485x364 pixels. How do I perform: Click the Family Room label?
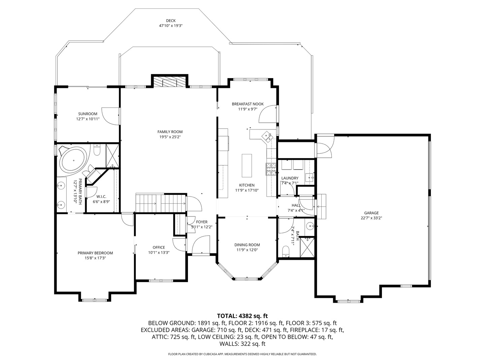(170, 132)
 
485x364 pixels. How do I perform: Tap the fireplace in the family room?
(170, 82)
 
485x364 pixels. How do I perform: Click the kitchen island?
(247, 165)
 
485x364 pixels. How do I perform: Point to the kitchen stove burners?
(271, 169)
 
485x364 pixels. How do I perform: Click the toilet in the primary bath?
(97, 150)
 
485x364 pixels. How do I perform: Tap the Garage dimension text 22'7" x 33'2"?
(371, 218)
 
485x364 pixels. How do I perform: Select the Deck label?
(171, 21)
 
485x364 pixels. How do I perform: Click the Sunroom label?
(88, 114)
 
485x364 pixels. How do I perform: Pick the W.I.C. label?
(101, 196)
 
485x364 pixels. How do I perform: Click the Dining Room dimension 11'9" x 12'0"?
(247, 250)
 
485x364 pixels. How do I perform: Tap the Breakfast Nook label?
(248, 104)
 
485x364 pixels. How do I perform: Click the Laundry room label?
(290, 178)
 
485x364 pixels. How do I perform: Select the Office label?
(159, 247)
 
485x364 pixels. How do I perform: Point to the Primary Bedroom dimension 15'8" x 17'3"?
(95, 258)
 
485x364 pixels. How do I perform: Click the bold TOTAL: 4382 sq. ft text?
(243, 316)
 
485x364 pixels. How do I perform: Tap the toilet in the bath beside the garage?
(286, 251)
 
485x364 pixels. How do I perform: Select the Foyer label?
(202, 222)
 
